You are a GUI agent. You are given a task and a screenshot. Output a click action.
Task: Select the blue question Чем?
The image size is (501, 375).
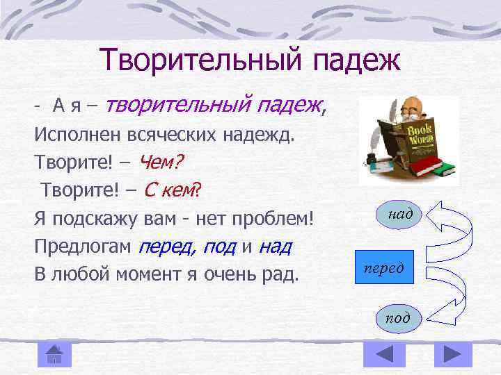[161, 162]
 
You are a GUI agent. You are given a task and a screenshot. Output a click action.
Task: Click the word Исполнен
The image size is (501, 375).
[69, 135]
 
